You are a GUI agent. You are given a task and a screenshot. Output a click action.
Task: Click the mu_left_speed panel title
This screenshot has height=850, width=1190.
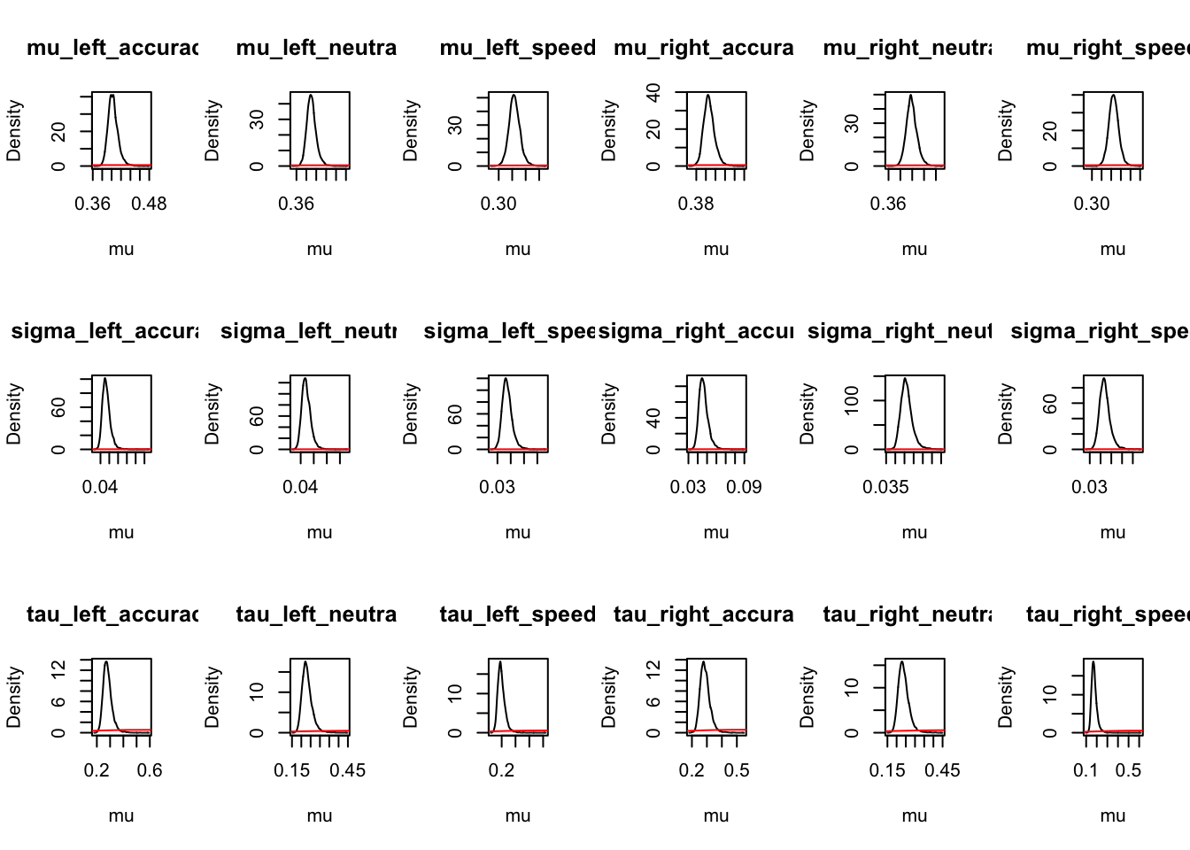point(518,48)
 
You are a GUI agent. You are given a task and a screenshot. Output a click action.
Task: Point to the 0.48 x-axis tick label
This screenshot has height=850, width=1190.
point(149,205)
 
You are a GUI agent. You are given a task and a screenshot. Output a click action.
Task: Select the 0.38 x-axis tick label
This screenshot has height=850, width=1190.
point(696,205)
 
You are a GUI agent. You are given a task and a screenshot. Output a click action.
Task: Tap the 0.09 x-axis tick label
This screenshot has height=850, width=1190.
point(744,488)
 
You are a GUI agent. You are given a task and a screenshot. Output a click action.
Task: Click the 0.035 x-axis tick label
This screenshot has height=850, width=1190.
point(885,488)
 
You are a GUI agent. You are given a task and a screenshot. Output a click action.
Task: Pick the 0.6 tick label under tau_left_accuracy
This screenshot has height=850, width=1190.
point(150,771)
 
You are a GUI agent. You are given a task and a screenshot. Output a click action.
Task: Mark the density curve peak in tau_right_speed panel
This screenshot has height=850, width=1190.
point(1093,661)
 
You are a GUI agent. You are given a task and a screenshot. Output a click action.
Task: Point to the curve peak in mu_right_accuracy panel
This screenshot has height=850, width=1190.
point(708,95)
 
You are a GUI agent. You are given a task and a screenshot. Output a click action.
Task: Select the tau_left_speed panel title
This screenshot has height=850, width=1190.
point(518,614)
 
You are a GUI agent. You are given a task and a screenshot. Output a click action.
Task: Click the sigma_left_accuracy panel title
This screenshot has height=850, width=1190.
point(104,331)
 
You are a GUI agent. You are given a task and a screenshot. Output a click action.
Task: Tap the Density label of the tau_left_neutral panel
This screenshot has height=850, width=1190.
point(212,698)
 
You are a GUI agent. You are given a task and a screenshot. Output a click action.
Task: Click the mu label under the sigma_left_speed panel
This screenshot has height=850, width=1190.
point(518,532)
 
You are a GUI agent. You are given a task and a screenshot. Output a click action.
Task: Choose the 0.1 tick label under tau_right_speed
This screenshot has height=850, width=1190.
point(1086,771)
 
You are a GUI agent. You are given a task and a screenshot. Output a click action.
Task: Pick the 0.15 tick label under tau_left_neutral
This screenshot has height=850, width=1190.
point(292,771)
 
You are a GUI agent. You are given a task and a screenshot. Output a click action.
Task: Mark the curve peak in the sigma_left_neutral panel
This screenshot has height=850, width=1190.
point(305,379)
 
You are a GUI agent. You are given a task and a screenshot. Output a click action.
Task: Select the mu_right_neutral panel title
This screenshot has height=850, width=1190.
point(908,48)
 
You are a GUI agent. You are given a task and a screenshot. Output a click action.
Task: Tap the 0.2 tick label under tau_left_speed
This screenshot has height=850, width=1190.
point(501,771)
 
